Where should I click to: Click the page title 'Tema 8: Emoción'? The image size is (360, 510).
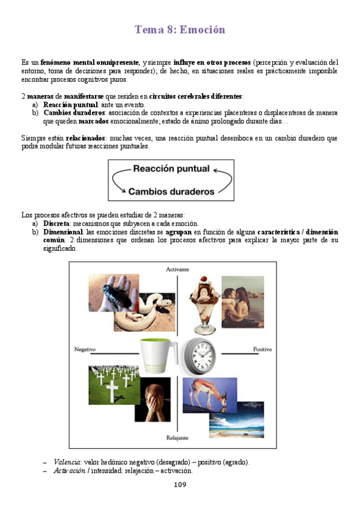coord(180,29)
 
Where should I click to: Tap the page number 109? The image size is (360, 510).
coord(180,485)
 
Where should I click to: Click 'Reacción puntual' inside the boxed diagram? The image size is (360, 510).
coord(171,169)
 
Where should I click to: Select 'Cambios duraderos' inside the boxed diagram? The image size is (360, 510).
coord(171,192)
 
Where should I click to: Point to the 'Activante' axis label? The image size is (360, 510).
coord(177,270)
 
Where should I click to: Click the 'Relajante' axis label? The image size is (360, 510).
coord(177,437)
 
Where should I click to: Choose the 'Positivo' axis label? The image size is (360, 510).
coord(262,349)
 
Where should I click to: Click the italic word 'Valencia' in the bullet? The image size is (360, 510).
coord(67,462)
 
